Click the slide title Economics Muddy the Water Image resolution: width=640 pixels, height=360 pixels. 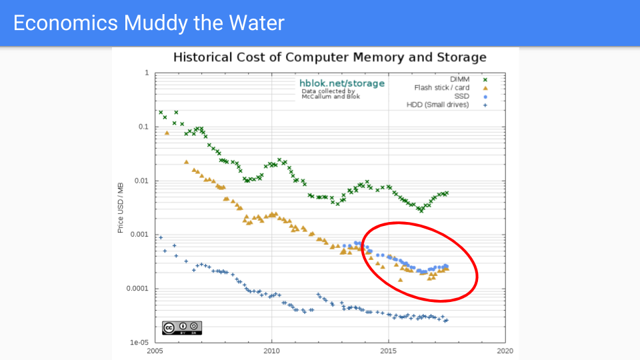(x=149, y=23)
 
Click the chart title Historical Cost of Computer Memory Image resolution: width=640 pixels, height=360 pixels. (x=329, y=57)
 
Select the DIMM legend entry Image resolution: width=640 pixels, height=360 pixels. (x=459, y=79)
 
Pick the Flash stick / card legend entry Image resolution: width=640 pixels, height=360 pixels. (x=441, y=87)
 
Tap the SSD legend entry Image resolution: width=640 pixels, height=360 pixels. (x=462, y=96)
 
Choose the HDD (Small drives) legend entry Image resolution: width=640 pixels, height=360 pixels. (x=437, y=104)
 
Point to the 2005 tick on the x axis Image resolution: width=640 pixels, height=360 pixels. (x=155, y=350)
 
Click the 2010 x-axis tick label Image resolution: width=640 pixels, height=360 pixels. (x=271, y=350)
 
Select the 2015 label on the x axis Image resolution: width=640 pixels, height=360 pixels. (x=388, y=350)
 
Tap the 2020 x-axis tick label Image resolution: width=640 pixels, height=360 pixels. (x=505, y=350)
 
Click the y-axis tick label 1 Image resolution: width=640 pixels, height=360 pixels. (x=147, y=73)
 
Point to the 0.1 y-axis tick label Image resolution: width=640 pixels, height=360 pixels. (x=143, y=127)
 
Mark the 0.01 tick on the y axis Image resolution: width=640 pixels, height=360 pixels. (x=141, y=181)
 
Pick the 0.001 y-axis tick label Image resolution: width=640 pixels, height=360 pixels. (x=139, y=235)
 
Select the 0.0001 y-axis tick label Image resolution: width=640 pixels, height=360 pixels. (x=137, y=289)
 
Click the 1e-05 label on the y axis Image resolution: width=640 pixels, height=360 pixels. (x=139, y=343)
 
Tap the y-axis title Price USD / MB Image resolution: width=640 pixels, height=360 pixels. (x=121, y=207)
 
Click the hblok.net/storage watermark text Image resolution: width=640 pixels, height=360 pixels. (x=342, y=83)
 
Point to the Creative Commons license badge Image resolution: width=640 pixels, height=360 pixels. (x=182, y=328)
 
